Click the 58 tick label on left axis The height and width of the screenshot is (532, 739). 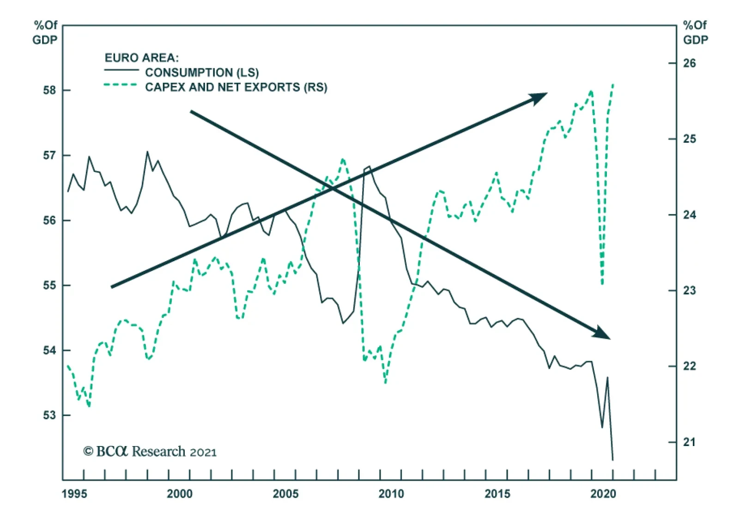click(49, 90)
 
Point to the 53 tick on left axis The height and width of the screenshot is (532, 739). click(49, 415)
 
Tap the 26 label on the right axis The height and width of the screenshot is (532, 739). click(689, 63)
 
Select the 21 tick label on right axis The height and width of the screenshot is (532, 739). click(689, 442)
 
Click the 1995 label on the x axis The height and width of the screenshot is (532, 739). click(74, 494)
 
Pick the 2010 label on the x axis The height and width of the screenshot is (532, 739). click(391, 494)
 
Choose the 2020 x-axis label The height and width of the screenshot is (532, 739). click(603, 494)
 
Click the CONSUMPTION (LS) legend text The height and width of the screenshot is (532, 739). click(202, 73)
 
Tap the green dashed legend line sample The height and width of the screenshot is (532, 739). click(121, 85)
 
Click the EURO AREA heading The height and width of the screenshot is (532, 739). click(141, 58)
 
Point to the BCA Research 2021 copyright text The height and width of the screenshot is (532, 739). click(150, 451)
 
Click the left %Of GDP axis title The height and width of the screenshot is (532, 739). click(45, 32)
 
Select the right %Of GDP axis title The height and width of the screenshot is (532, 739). click(695, 32)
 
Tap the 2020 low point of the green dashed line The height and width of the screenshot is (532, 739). click(602, 283)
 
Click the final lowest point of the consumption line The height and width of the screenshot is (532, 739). click(612, 459)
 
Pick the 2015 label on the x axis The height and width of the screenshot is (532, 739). click(497, 494)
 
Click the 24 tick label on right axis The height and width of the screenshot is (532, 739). click(689, 215)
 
